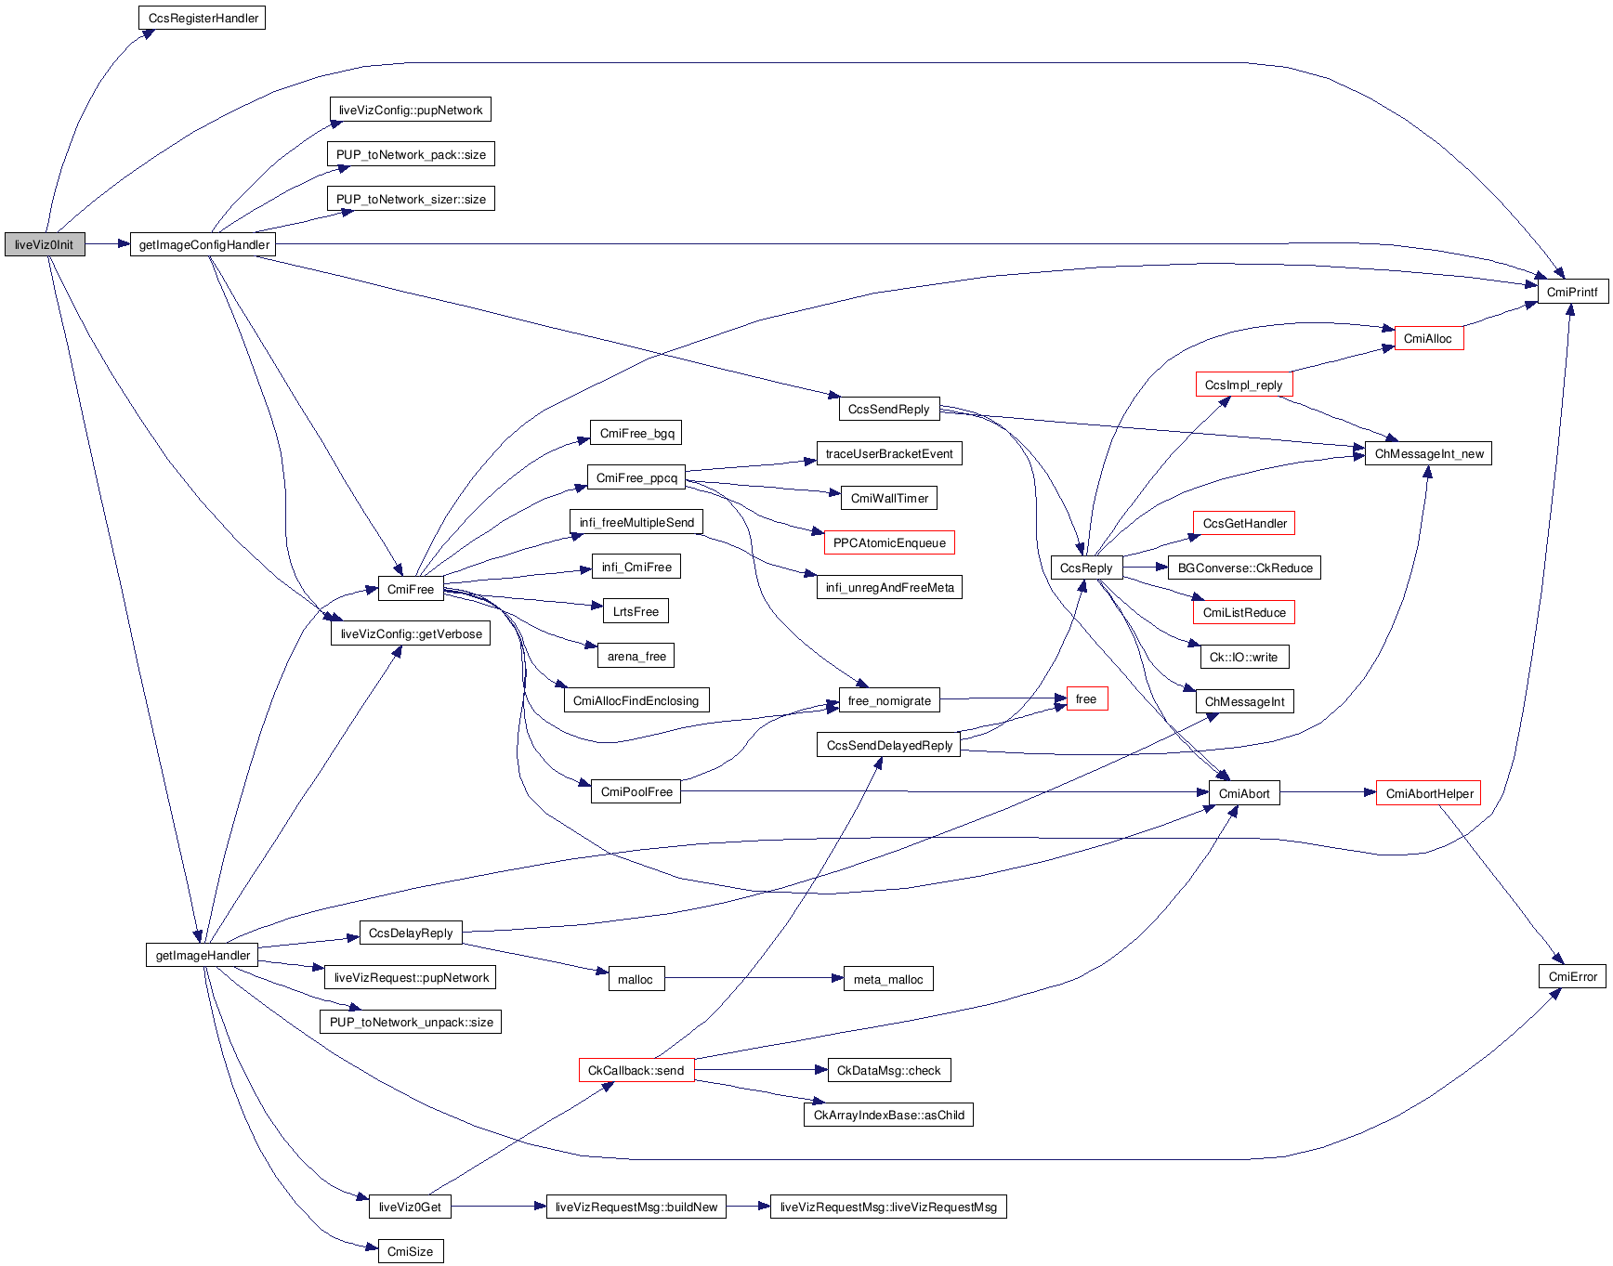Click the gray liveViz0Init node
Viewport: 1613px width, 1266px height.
tap(45, 245)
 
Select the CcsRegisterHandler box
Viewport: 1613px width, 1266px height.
tap(203, 19)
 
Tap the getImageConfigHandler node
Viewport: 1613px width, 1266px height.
tap(203, 245)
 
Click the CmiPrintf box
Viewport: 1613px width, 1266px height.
tap(1572, 292)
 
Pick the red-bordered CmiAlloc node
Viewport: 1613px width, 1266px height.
tap(1428, 339)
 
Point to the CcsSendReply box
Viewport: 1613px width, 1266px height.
tap(888, 410)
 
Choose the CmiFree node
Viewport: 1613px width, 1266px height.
tap(410, 590)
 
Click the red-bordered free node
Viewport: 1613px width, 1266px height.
tap(1086, 699)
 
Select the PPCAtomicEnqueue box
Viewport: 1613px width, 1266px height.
tap(889, 543)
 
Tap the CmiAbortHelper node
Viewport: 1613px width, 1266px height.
tap(1429, 794)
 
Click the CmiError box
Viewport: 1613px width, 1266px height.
tap(1572, 977)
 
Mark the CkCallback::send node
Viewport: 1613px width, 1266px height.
tap(636, 1071)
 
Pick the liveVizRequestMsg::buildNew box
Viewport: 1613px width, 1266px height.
tap(636, 1207)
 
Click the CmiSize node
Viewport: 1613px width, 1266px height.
tap(410, 1252)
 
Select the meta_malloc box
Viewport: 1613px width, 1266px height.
tap(888, 980)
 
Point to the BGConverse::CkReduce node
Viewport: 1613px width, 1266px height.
tap(1245, 568)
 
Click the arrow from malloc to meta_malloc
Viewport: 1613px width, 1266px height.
tap(753, 978)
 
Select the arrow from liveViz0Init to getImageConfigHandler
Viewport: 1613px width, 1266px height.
tap(107, 244)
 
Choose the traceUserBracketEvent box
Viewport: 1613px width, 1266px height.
tap(889, 454)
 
